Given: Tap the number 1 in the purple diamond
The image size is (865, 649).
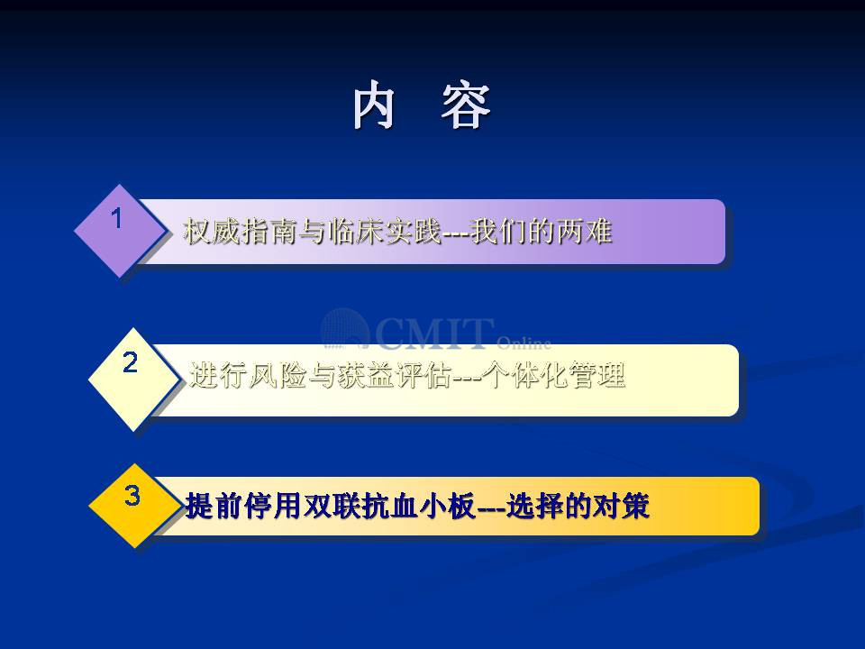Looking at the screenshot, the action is click(116, 218).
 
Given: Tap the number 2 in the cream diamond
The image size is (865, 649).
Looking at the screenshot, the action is click(130, 362).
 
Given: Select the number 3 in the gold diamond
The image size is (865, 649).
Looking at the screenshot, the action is click(132, 495).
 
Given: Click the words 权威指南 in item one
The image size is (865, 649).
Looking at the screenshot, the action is click(241, 231).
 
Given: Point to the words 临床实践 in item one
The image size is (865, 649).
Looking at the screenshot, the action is click(384, 231).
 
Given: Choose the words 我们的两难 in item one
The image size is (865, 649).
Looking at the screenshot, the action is click(542, 231).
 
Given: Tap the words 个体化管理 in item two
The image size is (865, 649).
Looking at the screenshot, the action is click(553, 375).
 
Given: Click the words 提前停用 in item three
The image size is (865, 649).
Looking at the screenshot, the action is click(242, 506).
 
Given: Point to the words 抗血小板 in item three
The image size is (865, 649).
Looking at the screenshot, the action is click(417, 506).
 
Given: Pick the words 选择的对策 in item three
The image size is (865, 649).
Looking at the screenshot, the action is click(578, 506).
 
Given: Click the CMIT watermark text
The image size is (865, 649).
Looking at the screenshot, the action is click(435, 334).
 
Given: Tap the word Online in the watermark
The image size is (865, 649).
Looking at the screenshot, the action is click(524, 343).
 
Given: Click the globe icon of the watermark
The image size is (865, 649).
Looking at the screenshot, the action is click(345, 329).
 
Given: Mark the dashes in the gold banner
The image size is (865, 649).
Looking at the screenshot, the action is click(490, 507).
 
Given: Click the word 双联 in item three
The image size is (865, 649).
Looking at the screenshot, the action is click(331, 506).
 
